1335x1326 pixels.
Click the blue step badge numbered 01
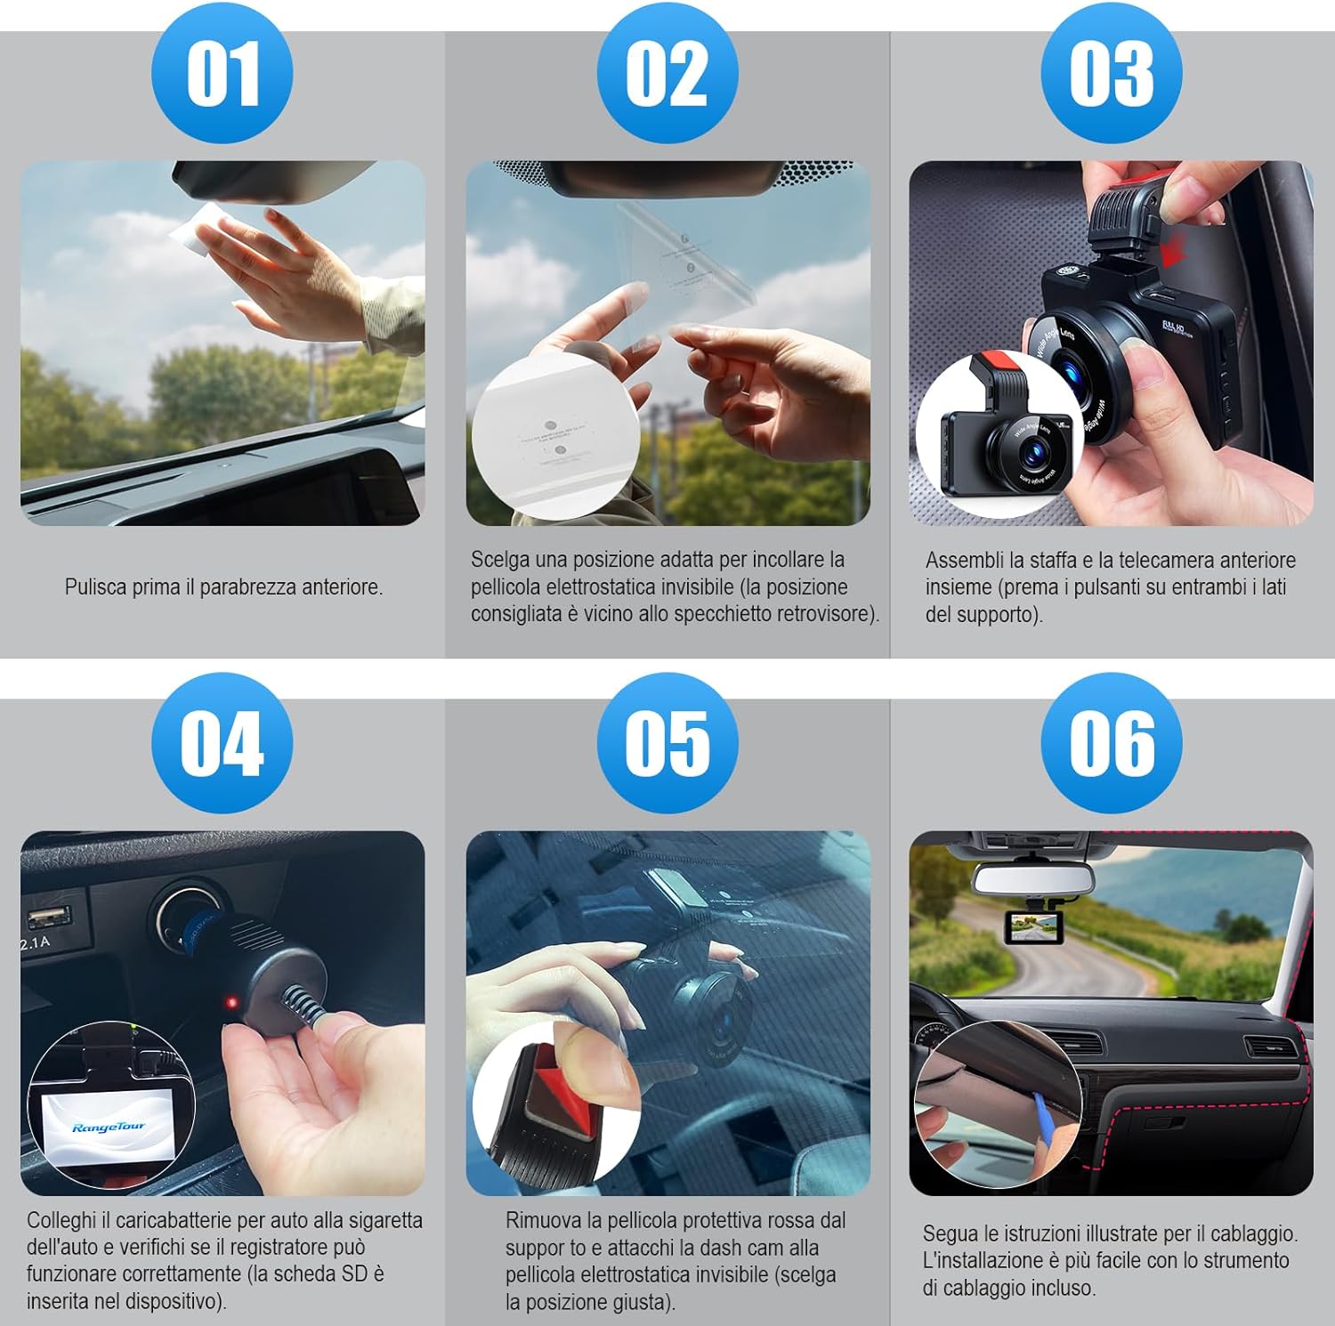pyautogui.click(x=222, y=73)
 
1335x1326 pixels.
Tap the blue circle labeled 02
pyautogui.click(x=667, y=73)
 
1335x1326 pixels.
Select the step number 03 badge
pyautogui.click(x=1111, y=73)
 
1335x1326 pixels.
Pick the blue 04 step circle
pyautogui.click(x=222, y=743)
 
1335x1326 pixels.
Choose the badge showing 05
pyautogui.click(x=667, y=743)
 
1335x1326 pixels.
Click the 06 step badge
pyautogui.click(x=1111, y=743)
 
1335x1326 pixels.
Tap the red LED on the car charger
pyautogui.click(x=232, y=1003)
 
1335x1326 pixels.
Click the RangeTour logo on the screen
pyautogui.click(x=108, y=1128)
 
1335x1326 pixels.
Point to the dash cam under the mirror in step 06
pyautogui.click(x=1033, y=927)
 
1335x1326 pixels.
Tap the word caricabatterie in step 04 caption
pyautogui.click(x=174, y=1220)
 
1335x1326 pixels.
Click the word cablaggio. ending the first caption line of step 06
pyautogui.click(x=1252, y=1233)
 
